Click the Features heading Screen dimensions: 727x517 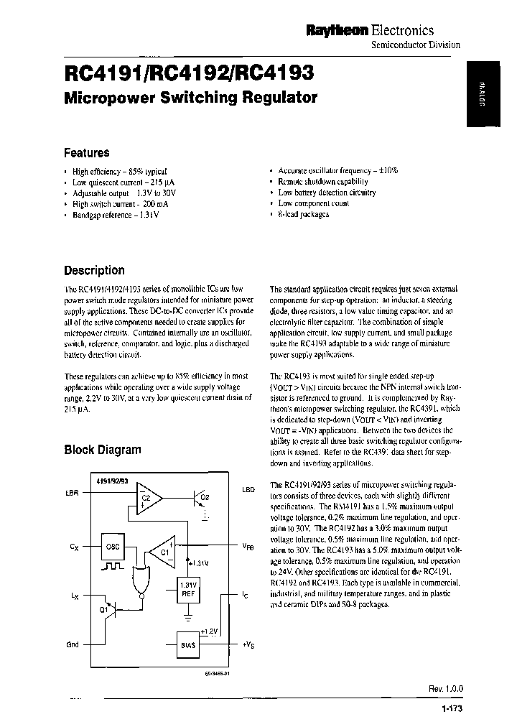pyautogui.click(x=87, y=153)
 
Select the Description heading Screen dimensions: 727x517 pyautogui.click(x=94, y=271)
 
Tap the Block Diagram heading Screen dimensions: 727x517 pyautogui.click(x=103, y=450)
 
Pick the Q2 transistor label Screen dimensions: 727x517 pyautogui.click(x=204, y=496)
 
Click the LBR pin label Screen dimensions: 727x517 pyautogui.click(x=72, y=493)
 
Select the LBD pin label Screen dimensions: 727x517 pyautogui.click(x=248, y=490)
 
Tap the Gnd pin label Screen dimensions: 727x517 pyautogui.click(x=73, y=645)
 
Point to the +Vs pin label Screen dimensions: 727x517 pyautogui.click(x=248, y=645)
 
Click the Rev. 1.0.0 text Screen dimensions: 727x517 pyautogui.click(x=446, y=688)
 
